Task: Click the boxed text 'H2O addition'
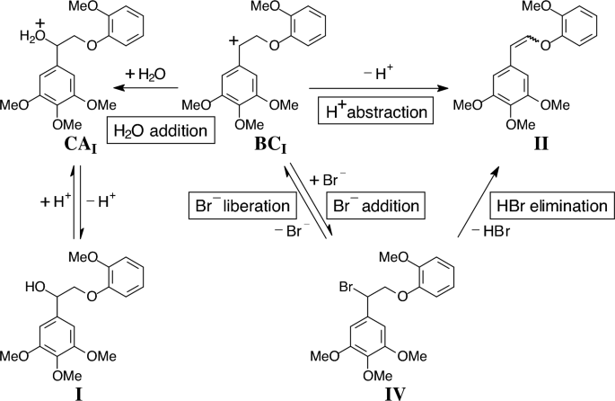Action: click(x=161, y=131)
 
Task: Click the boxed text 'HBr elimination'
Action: click(x=549, y=205)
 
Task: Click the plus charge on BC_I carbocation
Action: click(x=234, y=41)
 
